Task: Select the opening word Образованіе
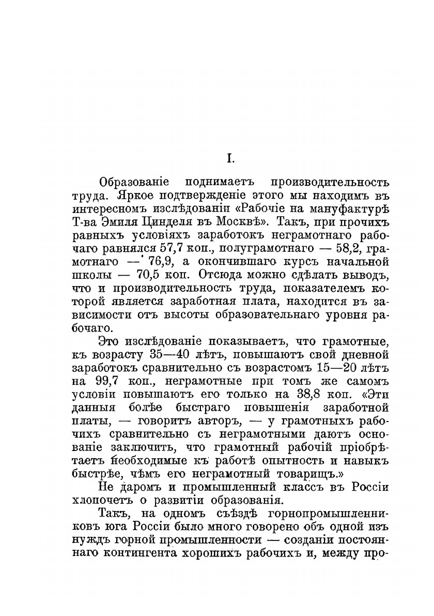132,184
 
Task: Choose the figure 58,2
358,248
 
